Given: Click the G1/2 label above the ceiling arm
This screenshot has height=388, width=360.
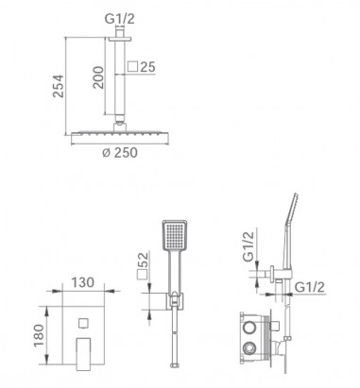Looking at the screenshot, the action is pos(119,19).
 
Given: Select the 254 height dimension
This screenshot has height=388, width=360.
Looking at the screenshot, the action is pos(58,86).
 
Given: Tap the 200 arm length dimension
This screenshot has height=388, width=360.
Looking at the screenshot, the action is pos(98,77).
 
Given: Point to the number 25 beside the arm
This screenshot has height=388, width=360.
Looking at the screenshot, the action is pos(147,67).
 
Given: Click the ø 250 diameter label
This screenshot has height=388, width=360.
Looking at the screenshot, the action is pos(120,153).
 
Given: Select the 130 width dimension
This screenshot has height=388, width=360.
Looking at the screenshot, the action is pos(82,282).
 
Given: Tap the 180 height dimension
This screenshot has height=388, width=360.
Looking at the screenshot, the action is pos(39,335).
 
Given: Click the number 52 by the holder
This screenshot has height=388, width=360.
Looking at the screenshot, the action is pos(143,260).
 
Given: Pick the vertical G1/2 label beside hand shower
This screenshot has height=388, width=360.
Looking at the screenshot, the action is pos(249,246).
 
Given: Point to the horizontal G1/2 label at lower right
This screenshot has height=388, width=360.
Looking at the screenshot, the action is pos(311,287).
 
